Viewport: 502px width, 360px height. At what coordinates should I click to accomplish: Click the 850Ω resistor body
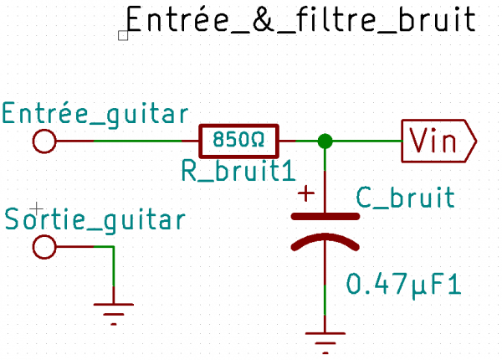[238, 138]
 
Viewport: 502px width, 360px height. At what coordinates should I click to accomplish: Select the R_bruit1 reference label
[238, 171]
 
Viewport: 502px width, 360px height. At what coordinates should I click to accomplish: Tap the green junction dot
[325, 141]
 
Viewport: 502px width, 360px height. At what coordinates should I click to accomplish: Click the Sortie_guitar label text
[95, 219]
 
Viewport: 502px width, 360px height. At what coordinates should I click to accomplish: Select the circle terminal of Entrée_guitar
[44, 141]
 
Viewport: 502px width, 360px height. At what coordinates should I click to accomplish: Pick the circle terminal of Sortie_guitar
[44, 247]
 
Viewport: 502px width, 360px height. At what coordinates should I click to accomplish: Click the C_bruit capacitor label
[405, 198]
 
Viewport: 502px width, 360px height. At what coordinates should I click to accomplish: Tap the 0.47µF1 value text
[404, 285]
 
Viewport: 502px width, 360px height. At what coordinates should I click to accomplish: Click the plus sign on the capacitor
[306, 194]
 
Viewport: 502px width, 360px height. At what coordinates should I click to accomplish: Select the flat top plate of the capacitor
[325, 217]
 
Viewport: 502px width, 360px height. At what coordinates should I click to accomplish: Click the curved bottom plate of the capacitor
[325, 242]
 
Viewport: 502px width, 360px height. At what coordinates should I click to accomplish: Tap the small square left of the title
[123, 35]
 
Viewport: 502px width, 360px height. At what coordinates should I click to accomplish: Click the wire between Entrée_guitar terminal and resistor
[125, 141]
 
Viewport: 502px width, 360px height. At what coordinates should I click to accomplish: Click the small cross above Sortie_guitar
[34, 206]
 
